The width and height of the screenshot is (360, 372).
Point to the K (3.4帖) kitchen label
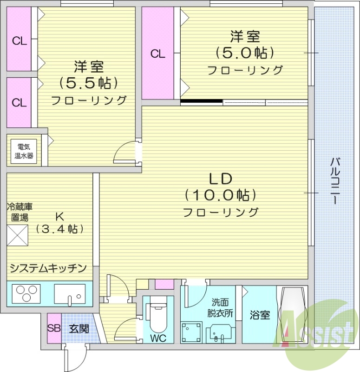[x=59, y=222]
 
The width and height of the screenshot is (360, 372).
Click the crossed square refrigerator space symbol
[x=17, y=236]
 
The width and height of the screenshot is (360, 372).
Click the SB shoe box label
[x=53, y=328]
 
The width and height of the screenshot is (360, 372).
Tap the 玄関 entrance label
[x=79, y=328]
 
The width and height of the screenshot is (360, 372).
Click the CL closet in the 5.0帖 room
[x=157, y=53]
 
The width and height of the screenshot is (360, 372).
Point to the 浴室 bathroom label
[x=259, y=315]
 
